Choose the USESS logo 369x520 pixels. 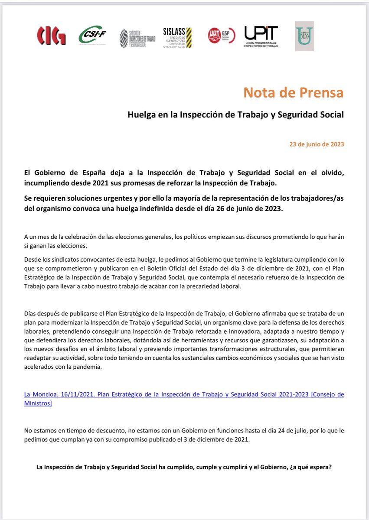pos(304,36)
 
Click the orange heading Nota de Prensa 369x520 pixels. pos(293,93)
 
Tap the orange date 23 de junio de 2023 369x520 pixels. pos(317,144)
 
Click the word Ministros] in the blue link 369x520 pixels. pos(38,403)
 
